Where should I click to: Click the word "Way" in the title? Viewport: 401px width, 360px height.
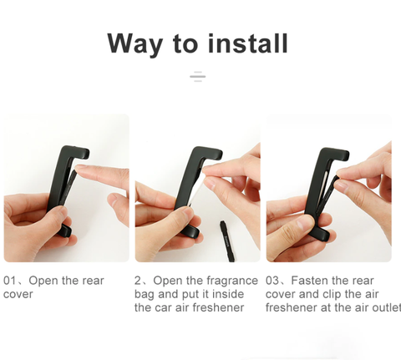tap(135, 44)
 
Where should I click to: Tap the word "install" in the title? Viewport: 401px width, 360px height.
tap(248, 43)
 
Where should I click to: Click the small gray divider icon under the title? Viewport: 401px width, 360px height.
tap(198, 76)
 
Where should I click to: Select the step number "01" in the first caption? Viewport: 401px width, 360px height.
tap(10, 281)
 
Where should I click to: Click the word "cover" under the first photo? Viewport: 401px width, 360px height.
tap(18, 294)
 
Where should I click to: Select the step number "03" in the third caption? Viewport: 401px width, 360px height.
tap(272, 281)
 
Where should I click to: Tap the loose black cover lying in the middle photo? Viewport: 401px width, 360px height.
tap(227, 241)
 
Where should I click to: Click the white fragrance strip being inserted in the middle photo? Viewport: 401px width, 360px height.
tap(195, 193)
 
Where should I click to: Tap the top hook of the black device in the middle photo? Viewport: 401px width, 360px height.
tap(211, 153)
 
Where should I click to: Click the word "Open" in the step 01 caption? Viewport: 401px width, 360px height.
tap(43, 281)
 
